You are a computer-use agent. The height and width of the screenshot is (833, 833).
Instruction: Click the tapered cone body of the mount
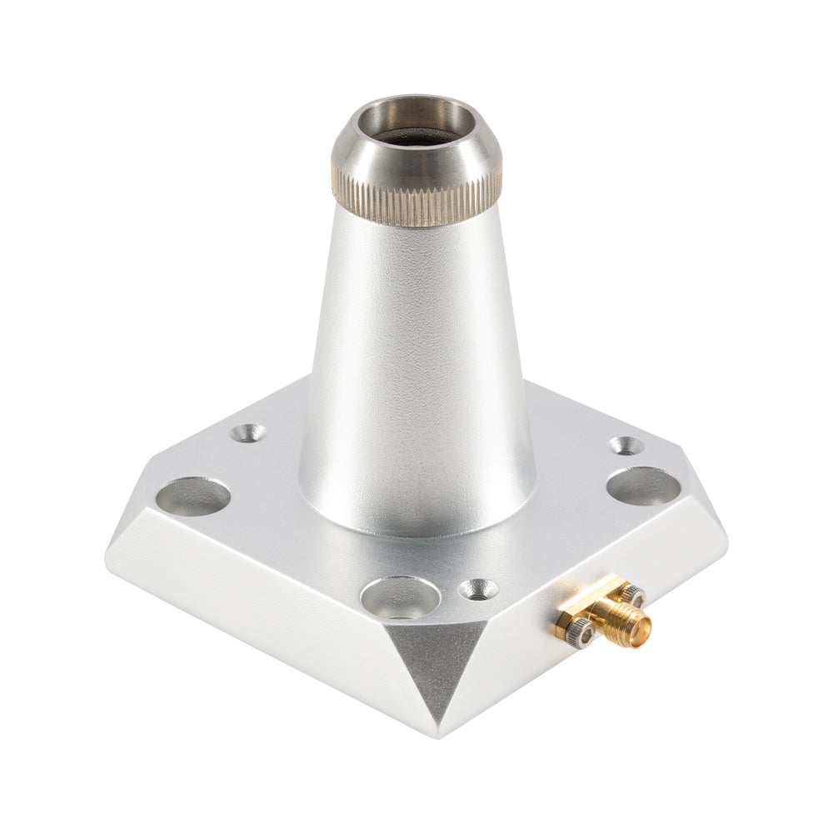tap(416, 350)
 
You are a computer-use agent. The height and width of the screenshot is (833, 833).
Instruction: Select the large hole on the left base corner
tap(192, 496)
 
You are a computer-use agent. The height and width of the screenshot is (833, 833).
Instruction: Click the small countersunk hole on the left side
tap(247, 433)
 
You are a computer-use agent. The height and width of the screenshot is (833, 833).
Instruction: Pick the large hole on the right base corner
tap(642, 486)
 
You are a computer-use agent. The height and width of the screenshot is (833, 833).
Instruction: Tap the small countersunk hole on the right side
tap(626, 446)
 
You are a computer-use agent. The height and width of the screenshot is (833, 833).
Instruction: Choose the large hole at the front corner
tap(401, 596)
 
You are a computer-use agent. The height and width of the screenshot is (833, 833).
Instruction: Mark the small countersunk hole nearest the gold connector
tap(478, 590)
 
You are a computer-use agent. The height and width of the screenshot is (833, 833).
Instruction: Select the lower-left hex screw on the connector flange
tap(580, 635)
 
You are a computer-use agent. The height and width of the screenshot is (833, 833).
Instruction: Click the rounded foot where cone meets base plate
tap(416, 521)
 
